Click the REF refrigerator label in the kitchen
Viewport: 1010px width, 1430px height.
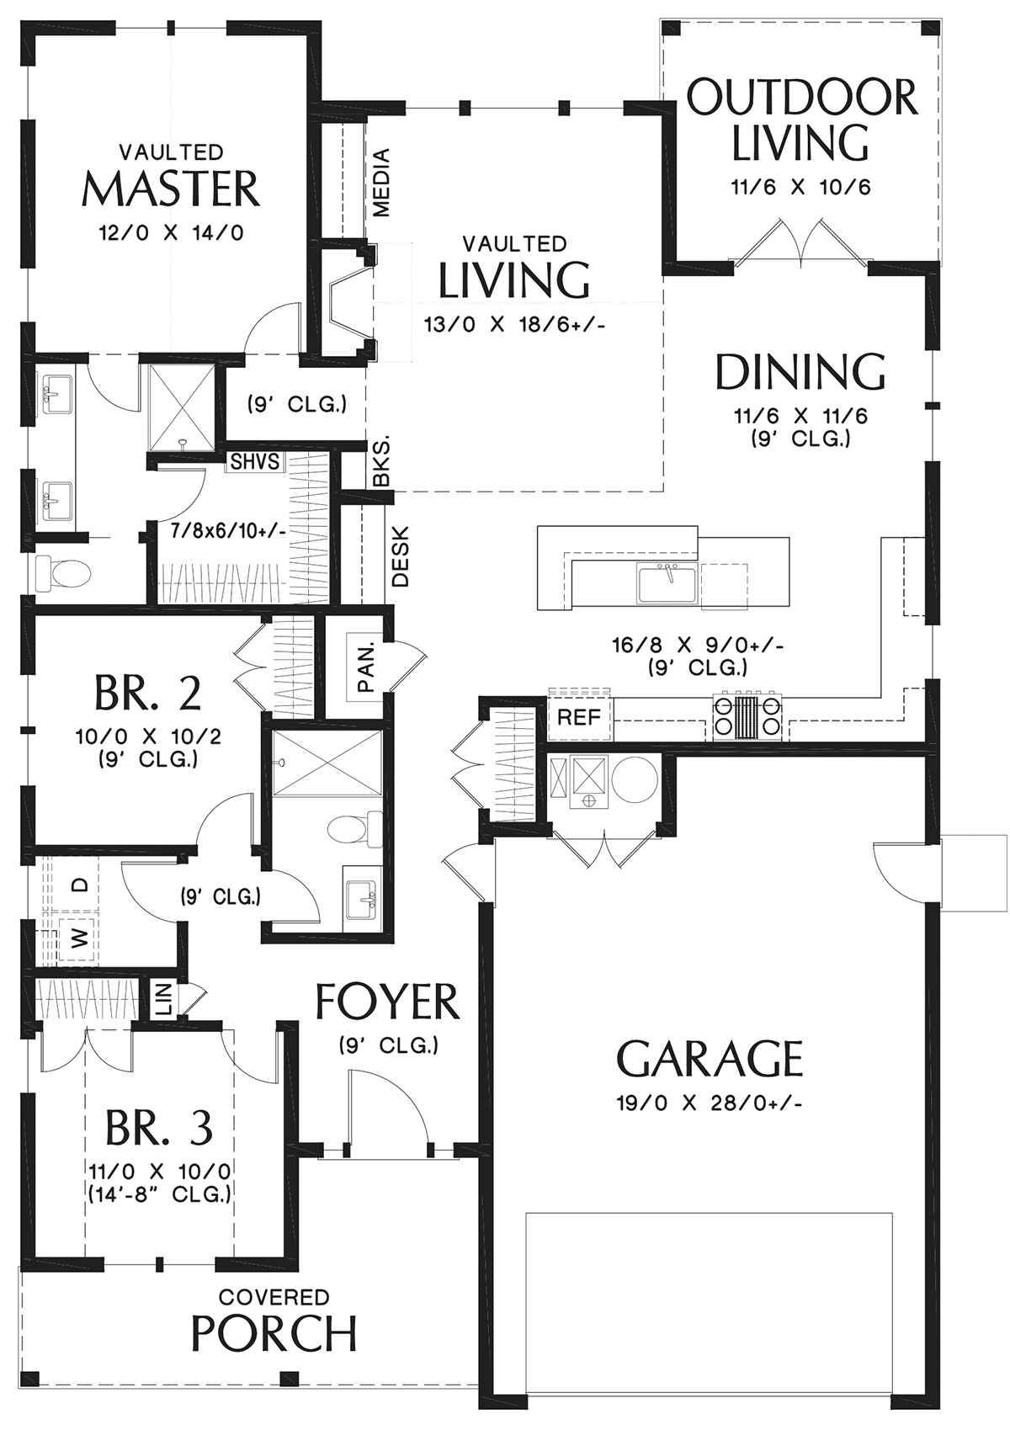[579, 718]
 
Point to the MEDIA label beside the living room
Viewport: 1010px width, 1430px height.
[381, 183]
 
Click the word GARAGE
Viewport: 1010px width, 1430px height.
[710, 1059]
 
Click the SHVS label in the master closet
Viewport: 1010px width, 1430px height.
[255, 461]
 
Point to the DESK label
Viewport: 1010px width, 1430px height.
[401, 556]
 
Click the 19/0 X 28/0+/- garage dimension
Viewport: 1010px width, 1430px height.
[709, 1103]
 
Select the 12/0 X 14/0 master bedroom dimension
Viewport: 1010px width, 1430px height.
[172, 233]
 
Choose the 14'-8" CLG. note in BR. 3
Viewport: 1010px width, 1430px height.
[160, 1193]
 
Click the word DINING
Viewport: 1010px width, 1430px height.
[800, 371]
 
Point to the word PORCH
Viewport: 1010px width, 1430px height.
[274, 1333]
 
